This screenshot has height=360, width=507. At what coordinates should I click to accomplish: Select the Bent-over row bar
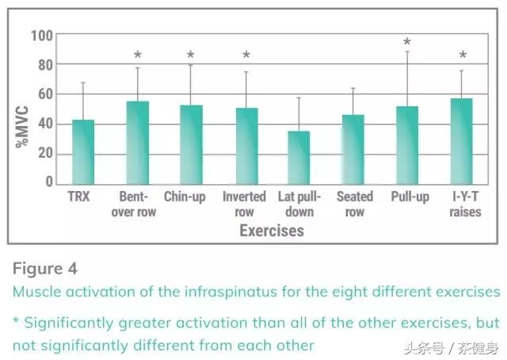coord(138,143)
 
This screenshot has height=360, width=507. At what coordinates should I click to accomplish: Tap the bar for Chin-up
coord(191,145)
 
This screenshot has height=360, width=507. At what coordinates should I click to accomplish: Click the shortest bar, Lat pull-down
coord(299,158)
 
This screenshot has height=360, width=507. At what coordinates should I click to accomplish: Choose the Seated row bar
coord(353,150)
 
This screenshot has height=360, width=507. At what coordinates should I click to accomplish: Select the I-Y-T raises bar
coord(462,142)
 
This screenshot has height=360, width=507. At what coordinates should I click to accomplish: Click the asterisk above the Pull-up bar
coord(407,42)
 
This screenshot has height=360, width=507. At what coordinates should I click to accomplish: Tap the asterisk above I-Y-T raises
coord(463,56)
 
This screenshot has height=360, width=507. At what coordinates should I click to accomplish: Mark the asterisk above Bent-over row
coord(138,56)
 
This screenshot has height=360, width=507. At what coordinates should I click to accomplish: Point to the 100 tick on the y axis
coord(41,36)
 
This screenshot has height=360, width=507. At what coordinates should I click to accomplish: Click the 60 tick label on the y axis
coord(45,94)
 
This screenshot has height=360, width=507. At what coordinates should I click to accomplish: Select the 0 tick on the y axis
coord(49,182)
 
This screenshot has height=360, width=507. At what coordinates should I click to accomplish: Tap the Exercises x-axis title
coord(272,232)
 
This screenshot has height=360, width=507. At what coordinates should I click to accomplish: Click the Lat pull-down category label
coord(296,204)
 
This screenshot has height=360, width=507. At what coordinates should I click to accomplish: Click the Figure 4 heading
coord(45,269)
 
